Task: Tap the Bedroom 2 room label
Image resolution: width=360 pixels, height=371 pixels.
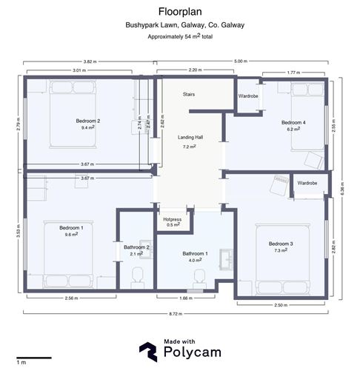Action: (87, 120)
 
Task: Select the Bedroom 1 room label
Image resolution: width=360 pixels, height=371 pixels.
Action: (71, 227)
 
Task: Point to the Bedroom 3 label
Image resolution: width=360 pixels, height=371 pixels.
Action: (281, 244)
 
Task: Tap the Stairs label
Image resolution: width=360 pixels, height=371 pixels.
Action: (190, 94)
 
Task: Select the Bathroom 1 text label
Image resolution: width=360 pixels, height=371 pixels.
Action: (196, 253)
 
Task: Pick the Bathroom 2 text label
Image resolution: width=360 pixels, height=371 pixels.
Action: (137, 247)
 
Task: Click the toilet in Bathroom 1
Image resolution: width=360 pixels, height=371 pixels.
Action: (199, 278)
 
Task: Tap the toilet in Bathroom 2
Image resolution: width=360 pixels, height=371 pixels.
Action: (136, 278)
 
